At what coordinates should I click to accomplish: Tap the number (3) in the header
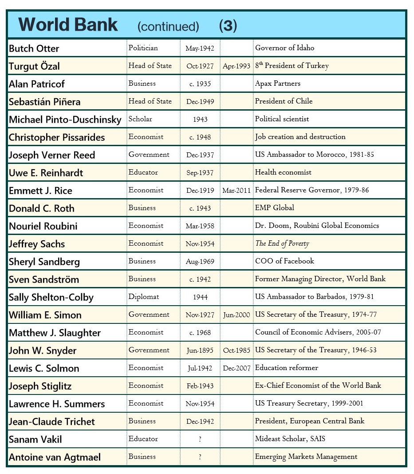[x=228, y=26]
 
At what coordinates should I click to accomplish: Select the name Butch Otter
[x=34, y=48]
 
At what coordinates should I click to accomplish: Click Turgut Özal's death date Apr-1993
[x=237, y=66]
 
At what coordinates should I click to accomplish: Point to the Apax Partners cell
[x=277, y=84]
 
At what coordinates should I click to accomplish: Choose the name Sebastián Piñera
[x=44, y=102]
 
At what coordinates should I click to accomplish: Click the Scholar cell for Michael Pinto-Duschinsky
[x=140, y=119]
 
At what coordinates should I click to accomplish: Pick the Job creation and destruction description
[x=300, y=137]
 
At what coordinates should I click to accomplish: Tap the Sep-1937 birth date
[x=200, y=173]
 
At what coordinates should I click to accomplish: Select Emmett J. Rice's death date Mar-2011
[x=237, y=191]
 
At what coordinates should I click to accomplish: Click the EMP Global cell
[x=274, y=208]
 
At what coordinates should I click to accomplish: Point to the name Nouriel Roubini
[x=43, y=226]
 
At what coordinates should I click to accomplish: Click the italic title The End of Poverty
[x=282, y=243]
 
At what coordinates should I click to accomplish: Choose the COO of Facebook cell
[x=284, y=261]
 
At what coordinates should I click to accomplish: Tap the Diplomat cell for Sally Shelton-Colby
[x=143, y=297]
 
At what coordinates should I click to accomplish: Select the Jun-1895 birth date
[x=200, y=351]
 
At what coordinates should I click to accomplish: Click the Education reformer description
[x=286, y=368]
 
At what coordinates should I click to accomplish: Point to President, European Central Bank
[x=310, y=421]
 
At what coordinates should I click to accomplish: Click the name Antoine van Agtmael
[x=55, y=457]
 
